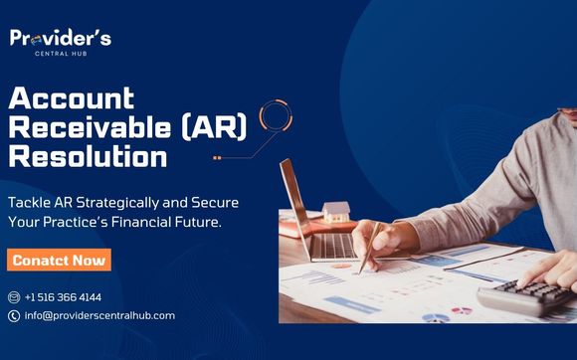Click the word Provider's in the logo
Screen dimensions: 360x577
pyautogui.click(x=61, y=38)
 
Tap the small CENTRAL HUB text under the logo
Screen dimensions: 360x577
pyautogui.click(x=61, y=54)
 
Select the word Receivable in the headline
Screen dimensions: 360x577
pyautogui.click(x=77, y=128)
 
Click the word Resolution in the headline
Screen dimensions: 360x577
pyautogui.click(x=88, y=157)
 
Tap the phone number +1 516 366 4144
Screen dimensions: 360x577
pyautogui.click(x=63, y=296)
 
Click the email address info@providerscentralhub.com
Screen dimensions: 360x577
pyautogui.click(x=99, y=315)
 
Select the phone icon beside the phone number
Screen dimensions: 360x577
pyautogui.click(x=14, y=296)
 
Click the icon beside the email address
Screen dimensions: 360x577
pyautogui.click(x=14, y=315)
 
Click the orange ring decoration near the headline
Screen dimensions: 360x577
pyautogui.click(x=274, y=116)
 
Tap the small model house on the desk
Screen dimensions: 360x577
pyautogui.click(x=336, y=212)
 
